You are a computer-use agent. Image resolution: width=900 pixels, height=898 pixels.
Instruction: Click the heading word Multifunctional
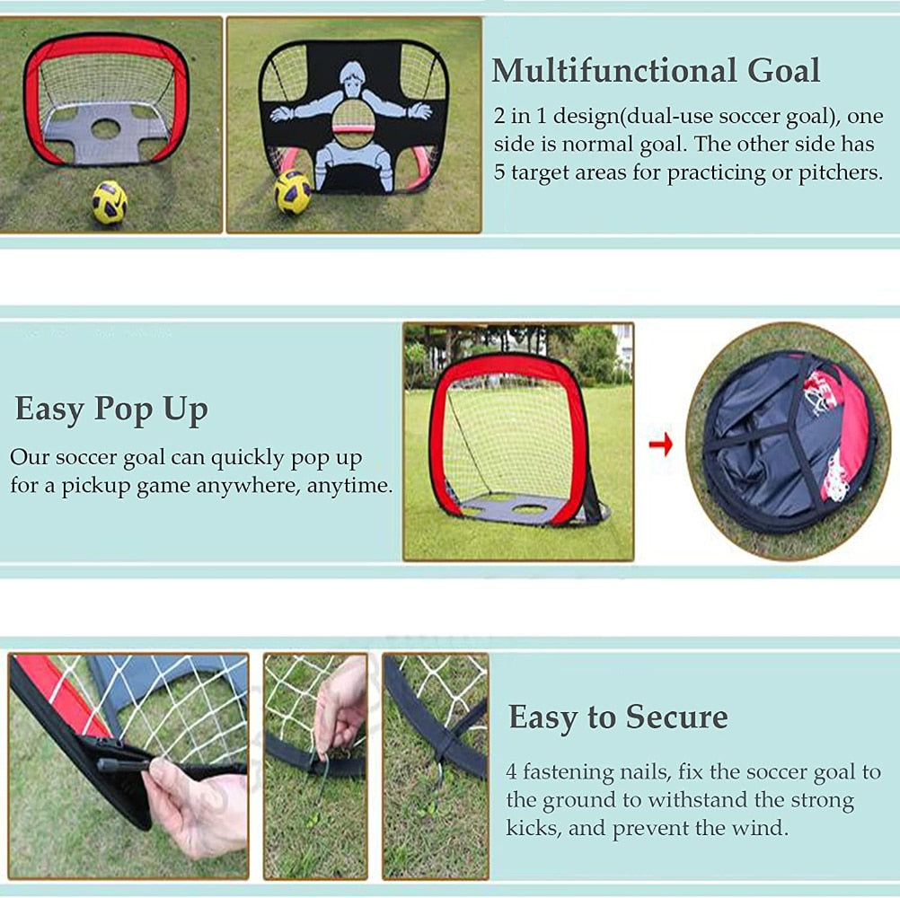(x=613, y=71)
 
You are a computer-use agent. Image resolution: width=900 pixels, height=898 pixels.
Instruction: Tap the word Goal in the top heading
(x=783, y=71)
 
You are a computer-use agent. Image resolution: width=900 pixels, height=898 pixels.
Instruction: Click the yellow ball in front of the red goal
(x=110, y=202)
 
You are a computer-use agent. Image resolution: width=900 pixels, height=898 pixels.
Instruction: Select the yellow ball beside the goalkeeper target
(x=292, y=192)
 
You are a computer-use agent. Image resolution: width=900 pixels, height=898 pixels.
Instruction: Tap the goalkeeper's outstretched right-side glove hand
(x=420, y=110)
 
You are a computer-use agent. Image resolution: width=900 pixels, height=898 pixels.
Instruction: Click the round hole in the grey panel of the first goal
(x=106, y=128)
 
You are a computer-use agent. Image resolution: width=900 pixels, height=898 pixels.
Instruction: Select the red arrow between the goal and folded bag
(x=661, y=444)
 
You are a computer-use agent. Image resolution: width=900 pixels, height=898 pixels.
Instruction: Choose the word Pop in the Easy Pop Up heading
(x=125, y=409)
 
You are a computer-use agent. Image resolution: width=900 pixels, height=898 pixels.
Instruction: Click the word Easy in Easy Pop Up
(x=49, y=409)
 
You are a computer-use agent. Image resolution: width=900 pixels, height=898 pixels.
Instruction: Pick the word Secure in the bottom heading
(x=676, y=717)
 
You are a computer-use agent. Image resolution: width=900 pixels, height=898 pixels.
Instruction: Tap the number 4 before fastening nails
(x=511, y=771)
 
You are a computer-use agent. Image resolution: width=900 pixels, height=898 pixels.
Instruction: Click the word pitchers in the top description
(x=841, y=172)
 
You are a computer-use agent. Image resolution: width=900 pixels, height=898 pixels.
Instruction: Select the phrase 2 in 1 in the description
(x=520, y=117)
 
